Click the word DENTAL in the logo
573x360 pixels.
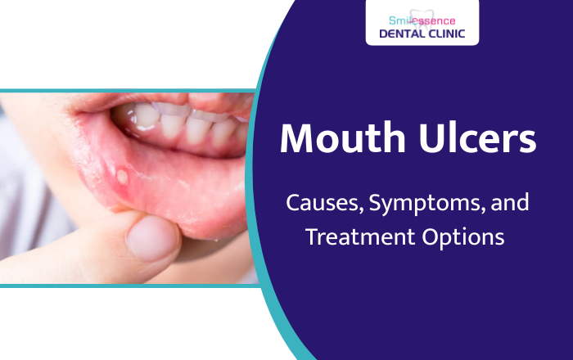click(403, 34)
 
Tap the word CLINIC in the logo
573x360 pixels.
click(449, 34)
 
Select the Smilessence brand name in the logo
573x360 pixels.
click(422, 19)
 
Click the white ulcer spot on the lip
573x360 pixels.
click(124, 174)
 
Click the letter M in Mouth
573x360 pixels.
click(296, 140)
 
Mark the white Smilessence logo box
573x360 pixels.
click(422, 25)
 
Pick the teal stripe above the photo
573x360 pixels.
click(123, 89)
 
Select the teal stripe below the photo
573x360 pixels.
click(123, 286)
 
